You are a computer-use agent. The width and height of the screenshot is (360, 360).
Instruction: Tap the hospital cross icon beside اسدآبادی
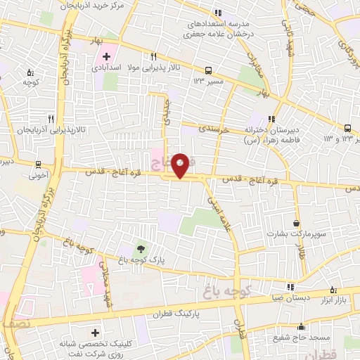point(106,56)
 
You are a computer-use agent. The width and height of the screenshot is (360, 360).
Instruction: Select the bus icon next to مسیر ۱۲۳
point(208,70)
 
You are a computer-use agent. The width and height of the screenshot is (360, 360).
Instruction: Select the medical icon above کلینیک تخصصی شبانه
point(95,331)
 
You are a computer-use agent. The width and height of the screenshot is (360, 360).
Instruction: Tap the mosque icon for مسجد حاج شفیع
point(302,326)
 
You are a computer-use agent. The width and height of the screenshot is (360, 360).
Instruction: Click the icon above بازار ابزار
point(333,289)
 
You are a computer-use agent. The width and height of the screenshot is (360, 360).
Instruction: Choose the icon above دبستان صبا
point(290,287)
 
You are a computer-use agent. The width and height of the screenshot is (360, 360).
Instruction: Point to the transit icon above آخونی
point(38,165)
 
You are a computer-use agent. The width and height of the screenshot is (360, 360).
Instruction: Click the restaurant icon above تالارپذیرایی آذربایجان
point(51,119)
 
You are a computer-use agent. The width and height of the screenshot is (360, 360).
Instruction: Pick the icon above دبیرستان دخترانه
point(272,119)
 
